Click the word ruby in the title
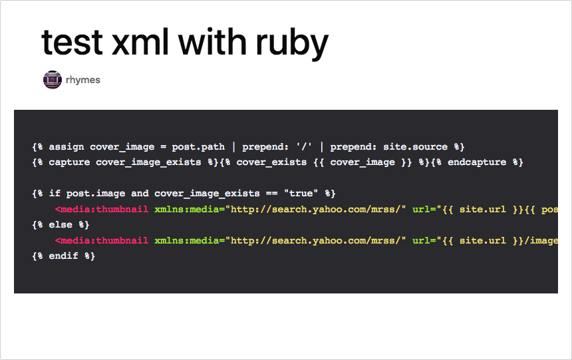[x=292, y=43]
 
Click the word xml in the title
[x=140, y=42]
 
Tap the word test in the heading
[x=72, y=43]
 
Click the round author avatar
[x=53, y=80]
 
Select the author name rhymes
[x=83, y=80]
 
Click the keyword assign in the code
[x=67, y=147]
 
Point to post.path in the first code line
[x=198, y=147]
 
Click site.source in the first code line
[x=415, y=146]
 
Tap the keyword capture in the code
[x=69, y=162]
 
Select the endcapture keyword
[x=477, y=162]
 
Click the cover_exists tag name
[x=271, y=162]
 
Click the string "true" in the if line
[x=301, y=193]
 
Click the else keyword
[x=61, y=224]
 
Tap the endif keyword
[x=63, y=256]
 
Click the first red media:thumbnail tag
[x=102, y=209]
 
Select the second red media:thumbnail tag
[x=102, y=241]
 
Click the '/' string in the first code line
[x=304, y=147]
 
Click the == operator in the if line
[x=271, y=194]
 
